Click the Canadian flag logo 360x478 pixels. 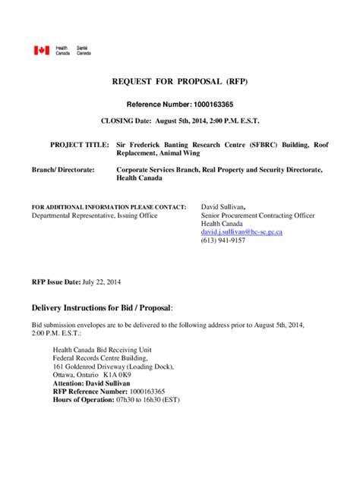[x=40, y=50]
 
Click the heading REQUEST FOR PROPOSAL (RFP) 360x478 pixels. [x=180, y=81]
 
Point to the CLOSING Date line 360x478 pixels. [x=180, y=121]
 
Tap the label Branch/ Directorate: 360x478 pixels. [x=63, y=170]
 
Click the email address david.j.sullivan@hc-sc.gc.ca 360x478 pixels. [x=242, y=232]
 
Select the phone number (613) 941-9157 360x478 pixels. [x=223, y=241]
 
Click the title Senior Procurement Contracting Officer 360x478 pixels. [x=258, y=215]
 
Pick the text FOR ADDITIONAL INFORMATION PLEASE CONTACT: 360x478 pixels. [x=109, y=206]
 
